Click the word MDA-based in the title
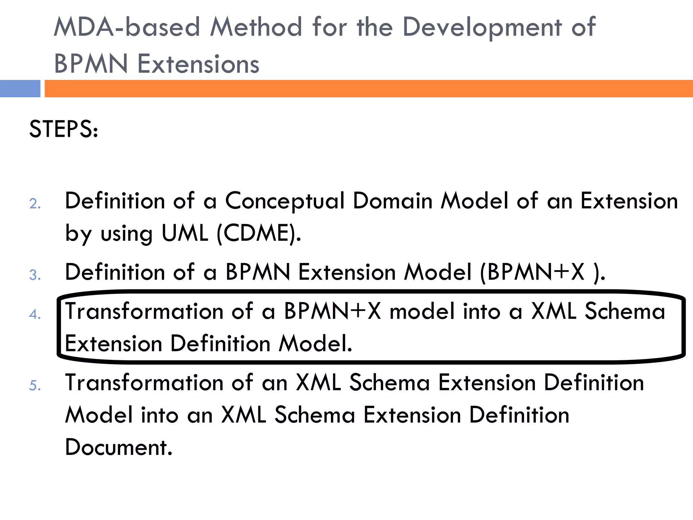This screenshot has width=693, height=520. (127, 27)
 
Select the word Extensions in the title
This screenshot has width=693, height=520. (199, 64)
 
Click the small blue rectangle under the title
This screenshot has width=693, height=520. (20, 89)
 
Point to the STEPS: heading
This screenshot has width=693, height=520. (64, 129)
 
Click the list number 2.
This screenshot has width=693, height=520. (35, 204)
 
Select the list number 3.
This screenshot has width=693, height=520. (35, 275)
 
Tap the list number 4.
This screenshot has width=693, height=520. (35, 314)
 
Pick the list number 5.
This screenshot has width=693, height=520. (35, 386)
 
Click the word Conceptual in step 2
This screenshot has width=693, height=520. (285, 201)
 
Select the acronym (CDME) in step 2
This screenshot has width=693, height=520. (259, 233)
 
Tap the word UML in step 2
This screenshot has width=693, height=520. (185, 233)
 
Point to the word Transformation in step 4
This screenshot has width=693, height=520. (144, 311)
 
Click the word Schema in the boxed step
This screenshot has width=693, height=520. (625, 311)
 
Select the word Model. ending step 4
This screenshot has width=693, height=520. (315, 344)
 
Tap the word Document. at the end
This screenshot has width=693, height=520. (118, 447)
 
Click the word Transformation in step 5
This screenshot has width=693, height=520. (144, 383)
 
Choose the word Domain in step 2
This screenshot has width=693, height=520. (393, 201)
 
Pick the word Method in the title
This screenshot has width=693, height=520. (256, 27)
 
